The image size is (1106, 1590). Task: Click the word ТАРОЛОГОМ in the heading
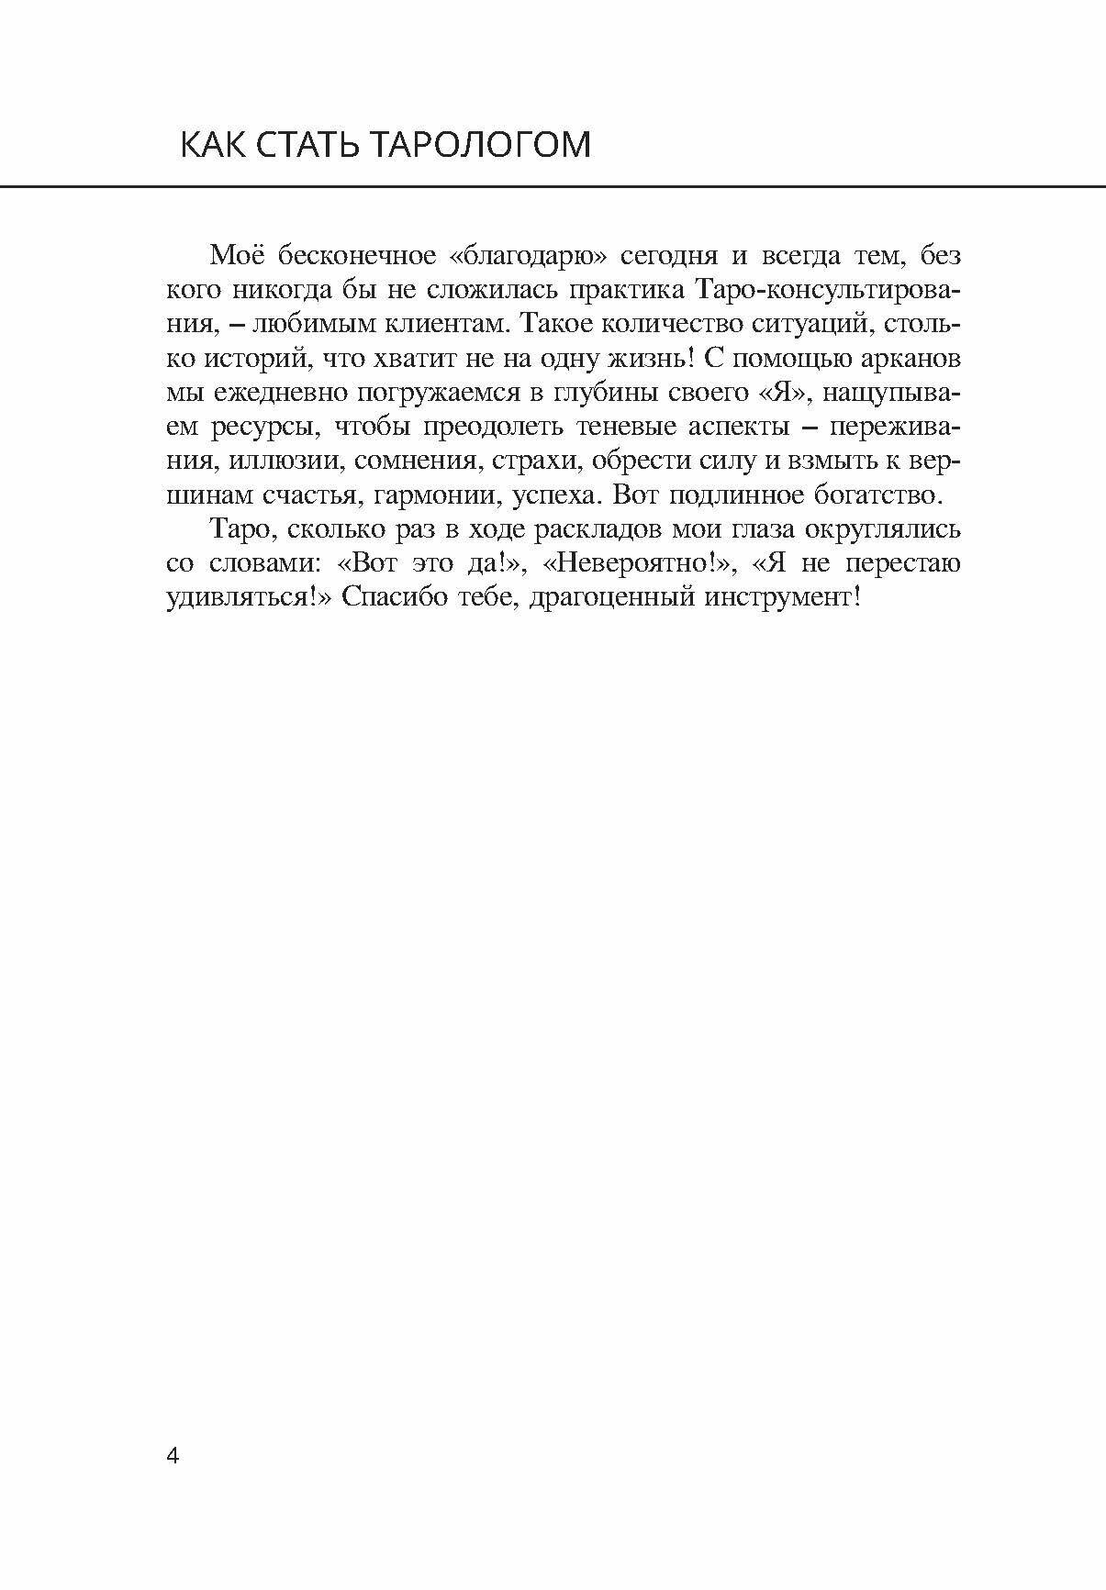pos(483,146)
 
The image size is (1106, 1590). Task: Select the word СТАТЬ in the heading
pos(307,146)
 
